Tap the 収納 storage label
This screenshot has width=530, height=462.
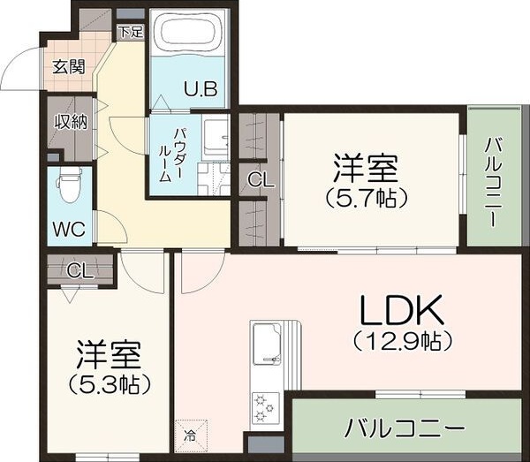pos(71,122)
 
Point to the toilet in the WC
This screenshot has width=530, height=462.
pos(68,187)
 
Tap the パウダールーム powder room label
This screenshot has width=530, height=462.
pos(171,155)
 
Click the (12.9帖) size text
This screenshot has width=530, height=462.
pos(402,339)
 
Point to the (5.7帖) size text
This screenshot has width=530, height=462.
pos(364,197)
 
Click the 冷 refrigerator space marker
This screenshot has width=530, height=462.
pos(190,435)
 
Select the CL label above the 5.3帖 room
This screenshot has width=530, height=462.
pos(79,271)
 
